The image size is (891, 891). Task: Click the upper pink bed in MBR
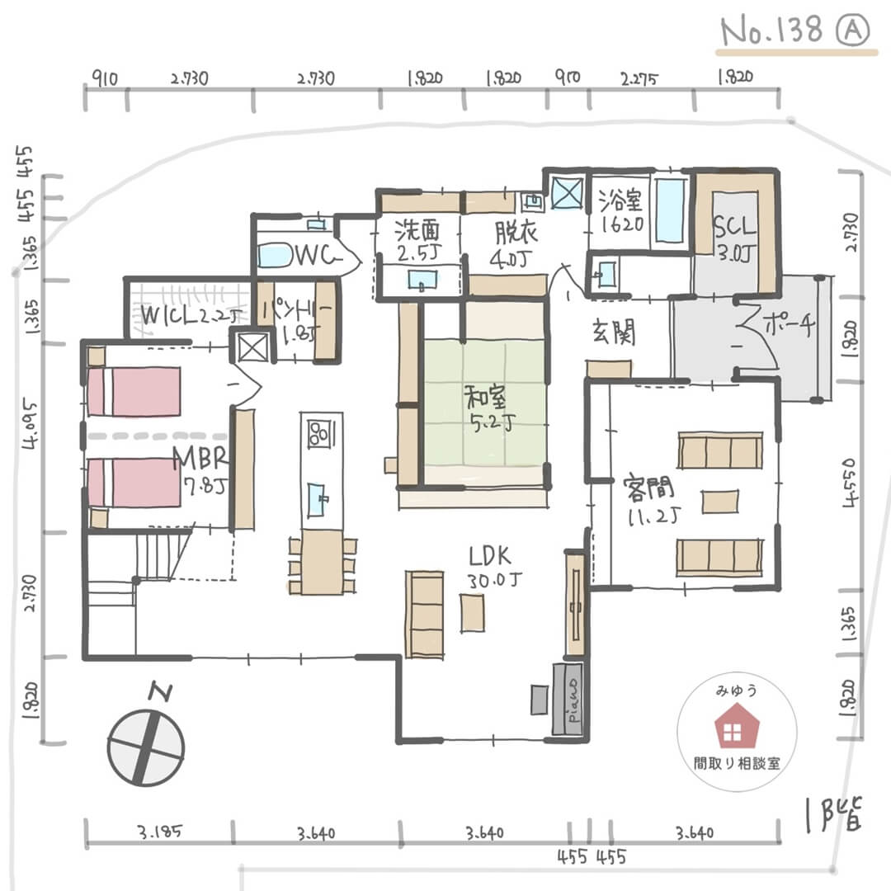(134, 391)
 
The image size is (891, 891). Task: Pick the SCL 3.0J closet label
(733, 239)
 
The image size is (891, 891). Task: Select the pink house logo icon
(732, 730)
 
